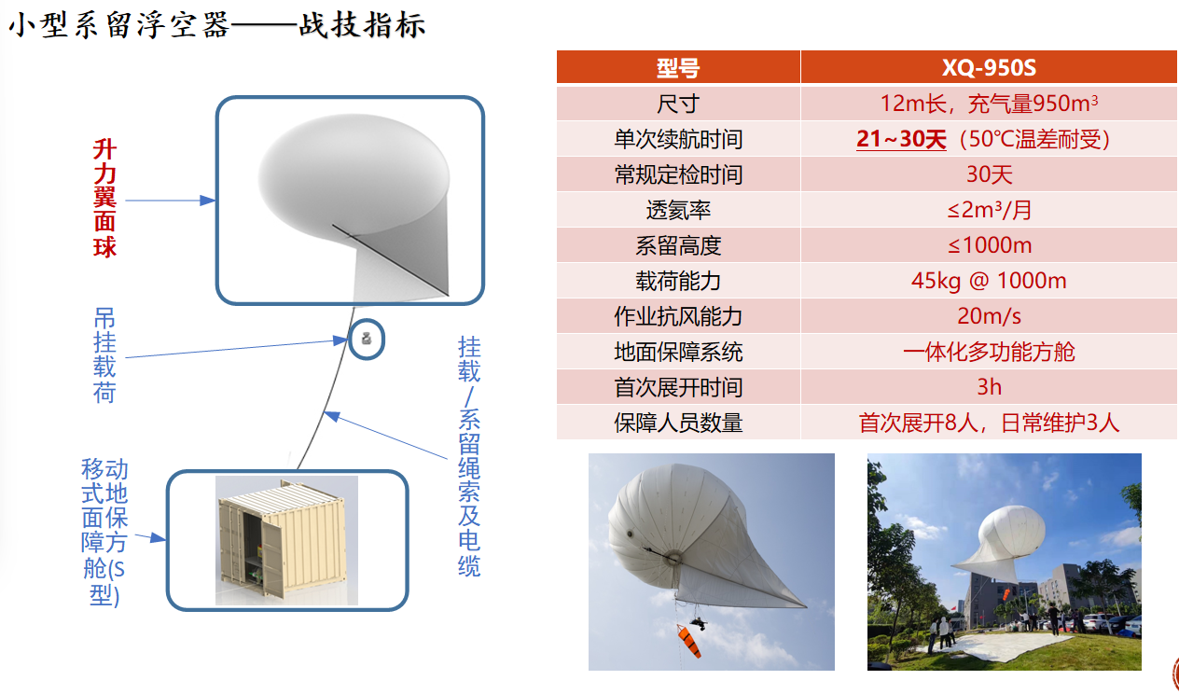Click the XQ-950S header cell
989,67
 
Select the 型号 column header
678,67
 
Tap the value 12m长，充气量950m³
989,104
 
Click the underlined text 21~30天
901,139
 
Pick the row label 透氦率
678,210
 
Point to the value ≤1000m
989,245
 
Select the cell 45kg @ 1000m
989,281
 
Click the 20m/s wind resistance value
989,316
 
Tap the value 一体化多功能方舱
989,352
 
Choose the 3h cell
989,387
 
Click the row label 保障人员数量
678,423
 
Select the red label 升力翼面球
104,199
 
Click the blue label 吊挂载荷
104,356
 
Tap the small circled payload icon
367,340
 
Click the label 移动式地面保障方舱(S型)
104,533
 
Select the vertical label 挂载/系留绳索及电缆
469,456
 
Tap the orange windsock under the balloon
689,640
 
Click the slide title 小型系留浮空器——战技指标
217,25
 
